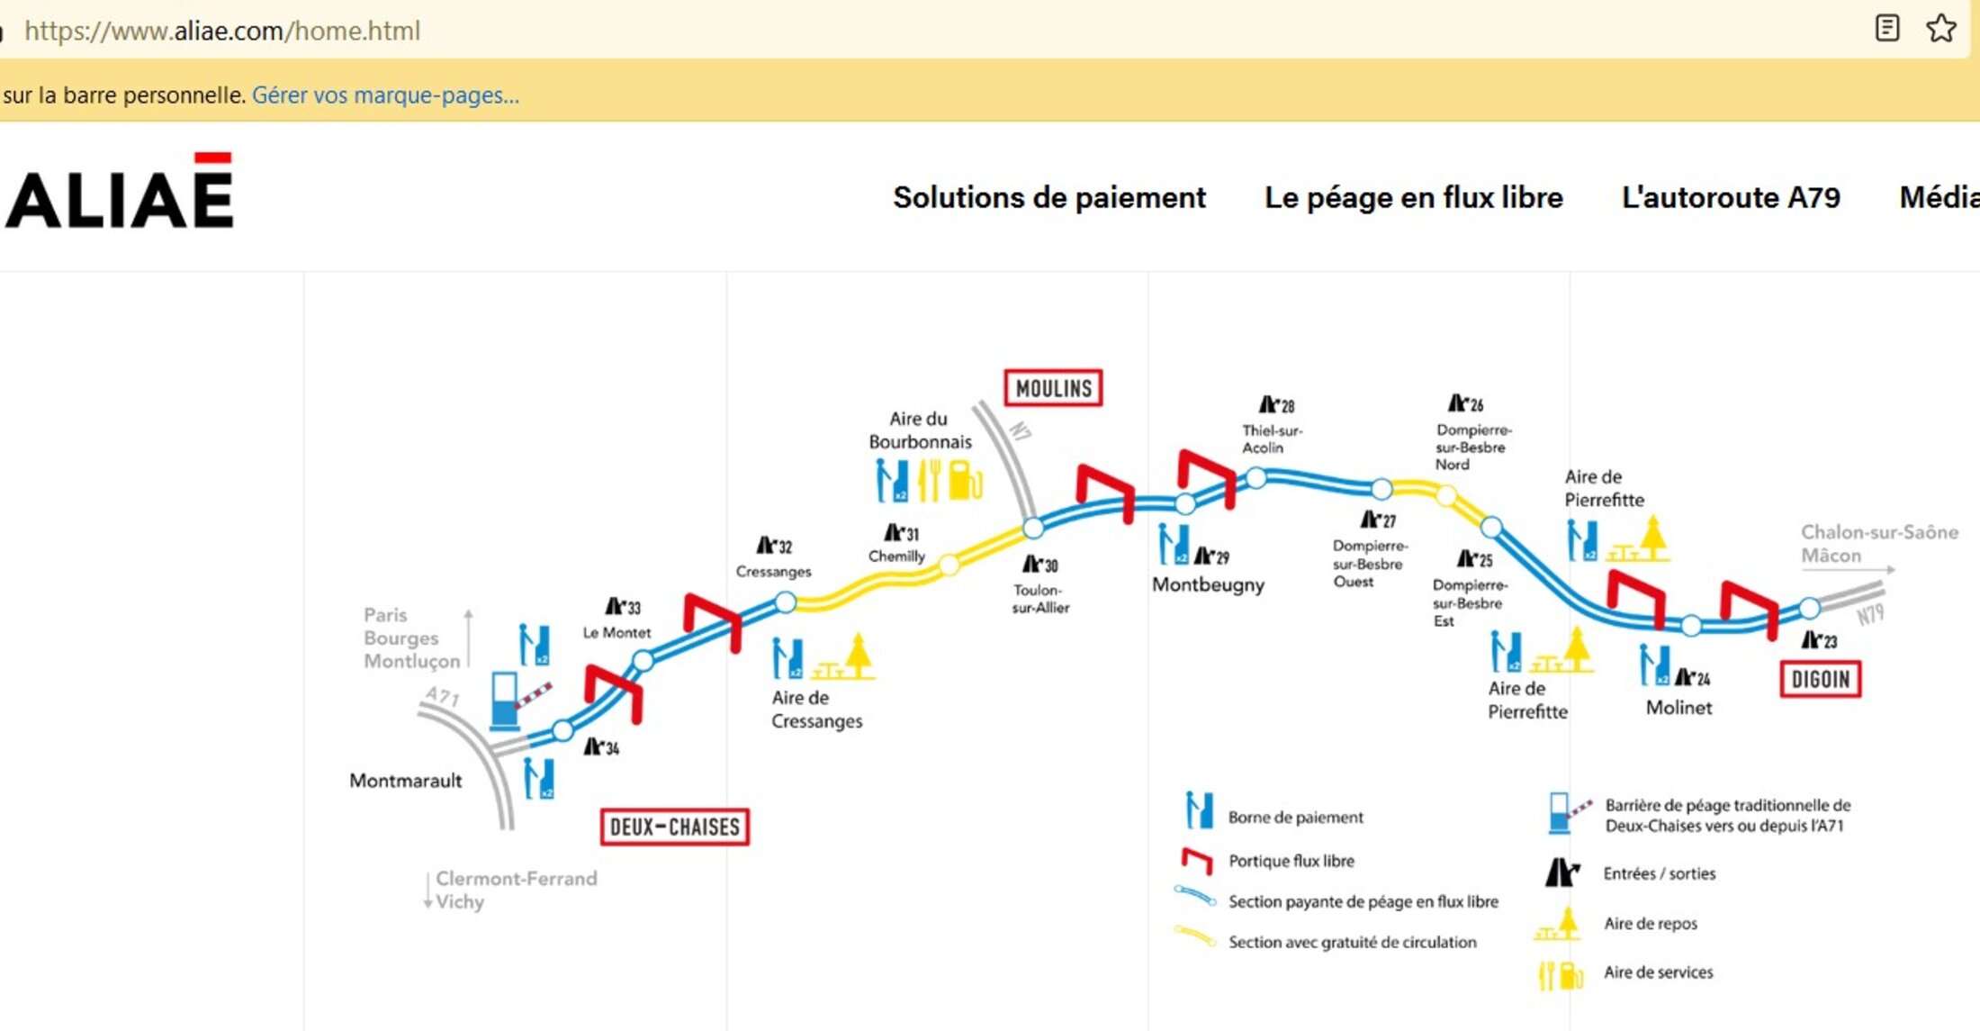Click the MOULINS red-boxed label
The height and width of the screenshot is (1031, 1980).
tap(1053, 388)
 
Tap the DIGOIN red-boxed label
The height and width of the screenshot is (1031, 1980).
tap(1820, 679)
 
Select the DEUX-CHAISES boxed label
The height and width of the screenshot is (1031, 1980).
tap(674, 827)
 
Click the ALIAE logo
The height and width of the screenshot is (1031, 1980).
tap(120, 192)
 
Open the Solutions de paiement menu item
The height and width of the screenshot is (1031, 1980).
tap(1048, 197)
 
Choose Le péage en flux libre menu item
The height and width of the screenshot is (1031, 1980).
tap(1413, 197)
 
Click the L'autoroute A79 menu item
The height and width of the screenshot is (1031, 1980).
tap(1730, 197)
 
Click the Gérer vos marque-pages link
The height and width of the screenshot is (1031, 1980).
tap(385, 95)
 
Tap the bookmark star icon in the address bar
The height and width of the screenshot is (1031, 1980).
tap(1940, 29)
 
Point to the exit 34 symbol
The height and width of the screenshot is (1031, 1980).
tap(601, 746)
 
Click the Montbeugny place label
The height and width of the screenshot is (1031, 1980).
tap(1208, 584)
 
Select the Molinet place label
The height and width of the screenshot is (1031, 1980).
tap(1678, 708)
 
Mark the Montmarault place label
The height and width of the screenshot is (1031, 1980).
tap(405, 781)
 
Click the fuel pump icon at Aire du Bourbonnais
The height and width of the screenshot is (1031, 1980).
tap(965, 480)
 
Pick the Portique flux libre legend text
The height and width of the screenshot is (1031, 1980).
tap(1291, 861)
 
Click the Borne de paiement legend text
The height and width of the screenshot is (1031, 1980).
tap(1295, 818)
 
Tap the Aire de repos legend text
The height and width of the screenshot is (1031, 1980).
tap(1650, 924)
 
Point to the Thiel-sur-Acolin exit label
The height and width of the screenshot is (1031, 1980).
tap(1271, 439)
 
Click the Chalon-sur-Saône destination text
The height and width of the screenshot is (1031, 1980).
tap(1879, 532)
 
